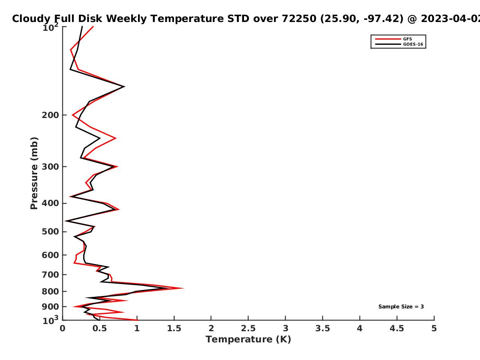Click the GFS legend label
pos(407,39)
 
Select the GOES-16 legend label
pos(413,44)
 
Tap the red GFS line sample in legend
pos(388,39)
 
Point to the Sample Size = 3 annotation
pos(401,307)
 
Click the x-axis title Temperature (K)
pos(248,340)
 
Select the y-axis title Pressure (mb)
pos(34,173)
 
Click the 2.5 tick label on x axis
pos(248,328)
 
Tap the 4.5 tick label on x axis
pos(397,328)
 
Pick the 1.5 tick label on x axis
pos(174,328)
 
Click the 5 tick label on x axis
pos(434,328)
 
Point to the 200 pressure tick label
pos(50,115)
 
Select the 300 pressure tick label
pos(50,166)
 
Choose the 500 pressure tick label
pos(50,232)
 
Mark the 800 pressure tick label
pos(50,291)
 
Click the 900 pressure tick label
pos(50,307)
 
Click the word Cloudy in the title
pos(31,19)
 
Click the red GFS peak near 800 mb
pos(183,288)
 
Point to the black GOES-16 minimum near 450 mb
pos(66,221)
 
